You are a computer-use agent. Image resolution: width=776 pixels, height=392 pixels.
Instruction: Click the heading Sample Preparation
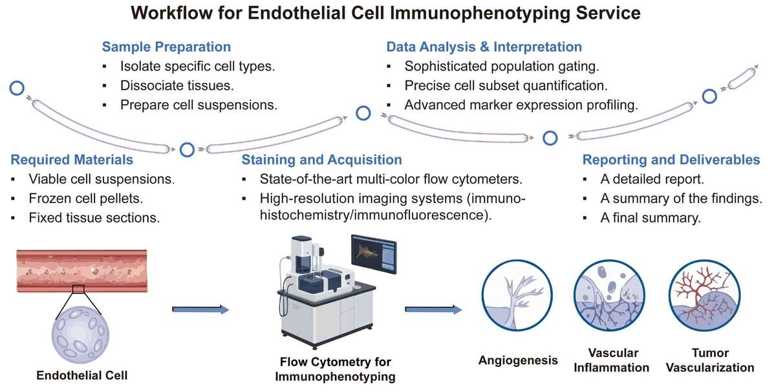[x=166, y=47]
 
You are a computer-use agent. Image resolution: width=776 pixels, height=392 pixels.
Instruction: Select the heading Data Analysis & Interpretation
[x=484, y=47]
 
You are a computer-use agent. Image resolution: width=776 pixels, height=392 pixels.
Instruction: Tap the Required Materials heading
[x=72, y=159]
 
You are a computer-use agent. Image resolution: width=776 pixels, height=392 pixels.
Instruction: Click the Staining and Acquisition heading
[x=321, y=159]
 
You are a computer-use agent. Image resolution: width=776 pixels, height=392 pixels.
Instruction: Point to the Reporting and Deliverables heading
[x=671, y=159]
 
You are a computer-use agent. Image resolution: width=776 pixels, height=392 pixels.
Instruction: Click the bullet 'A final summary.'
[x=650, y=218]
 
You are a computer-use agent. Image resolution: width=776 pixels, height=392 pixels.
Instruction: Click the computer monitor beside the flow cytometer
[x=372, y=254]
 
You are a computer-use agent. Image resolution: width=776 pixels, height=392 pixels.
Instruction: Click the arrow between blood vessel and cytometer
[x=200, y=310]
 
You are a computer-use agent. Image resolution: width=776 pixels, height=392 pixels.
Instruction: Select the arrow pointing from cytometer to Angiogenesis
[x=433, y=310]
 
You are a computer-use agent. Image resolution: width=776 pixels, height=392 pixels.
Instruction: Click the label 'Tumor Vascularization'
[x=709, y=360]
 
